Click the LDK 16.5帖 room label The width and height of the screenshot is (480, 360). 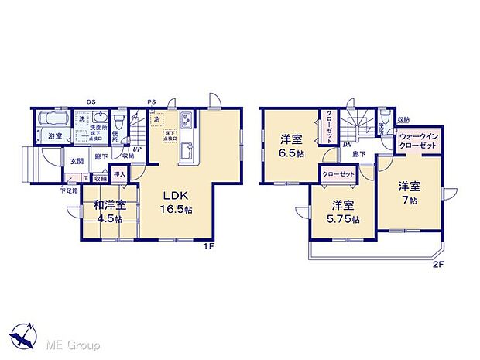[177, 202]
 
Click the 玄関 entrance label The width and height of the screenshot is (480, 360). [77, 161]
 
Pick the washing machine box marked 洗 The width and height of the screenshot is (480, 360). [81, 118]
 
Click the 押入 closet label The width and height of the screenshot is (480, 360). [120, 176]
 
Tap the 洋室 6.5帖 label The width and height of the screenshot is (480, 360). [290, 146]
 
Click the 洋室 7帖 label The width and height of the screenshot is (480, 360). [410, 193]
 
